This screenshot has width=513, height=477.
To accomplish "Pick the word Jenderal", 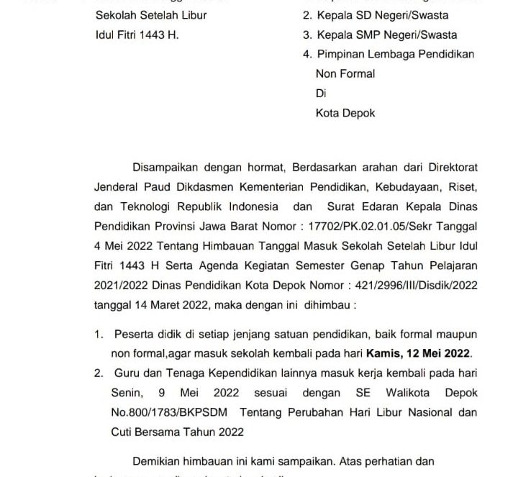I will pos(117,186).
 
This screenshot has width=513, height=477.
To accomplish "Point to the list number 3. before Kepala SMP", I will pos(307,35).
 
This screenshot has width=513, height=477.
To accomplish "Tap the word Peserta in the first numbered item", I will pos(130,335).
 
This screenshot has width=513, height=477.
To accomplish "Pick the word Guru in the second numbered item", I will pos(124,375).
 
